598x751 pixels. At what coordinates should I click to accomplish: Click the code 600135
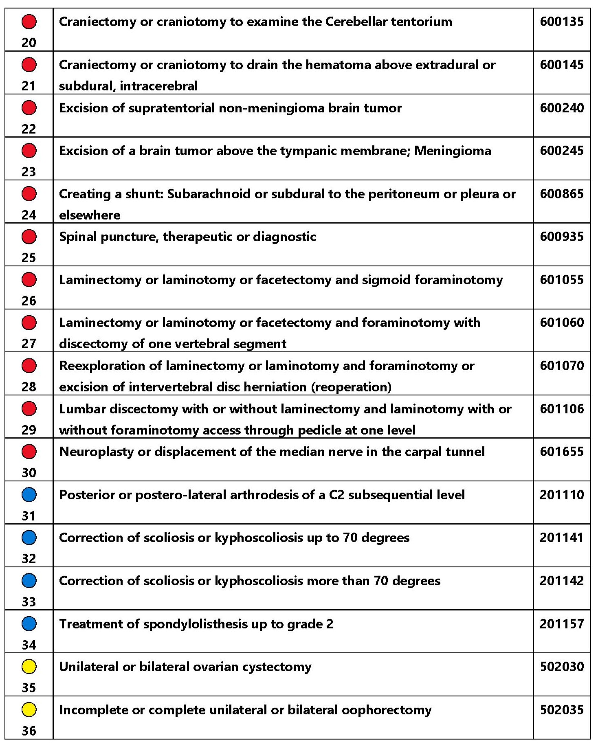[x=562, y=22]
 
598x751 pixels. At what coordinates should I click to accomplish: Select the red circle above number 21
[x=29, y=65]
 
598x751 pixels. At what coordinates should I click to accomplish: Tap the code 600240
[x=562, y=108]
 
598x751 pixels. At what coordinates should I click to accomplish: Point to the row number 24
[x=29, y=215]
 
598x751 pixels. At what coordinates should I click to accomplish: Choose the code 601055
[x=562, y=280]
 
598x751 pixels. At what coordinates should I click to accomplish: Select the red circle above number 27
[x=29, y=323]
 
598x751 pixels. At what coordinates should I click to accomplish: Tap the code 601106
[x=562, y=409]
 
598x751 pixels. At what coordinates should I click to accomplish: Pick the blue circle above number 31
[x=29, y=495]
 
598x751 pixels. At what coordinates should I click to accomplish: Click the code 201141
[x=562, y=538]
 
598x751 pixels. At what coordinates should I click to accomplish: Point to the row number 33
[x=29, y=602]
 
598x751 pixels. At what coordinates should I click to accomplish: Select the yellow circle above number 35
[x=29, y=667]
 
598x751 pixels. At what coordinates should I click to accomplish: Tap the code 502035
[x=562, y=710]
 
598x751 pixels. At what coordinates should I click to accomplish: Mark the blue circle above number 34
[x=29, y=624]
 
